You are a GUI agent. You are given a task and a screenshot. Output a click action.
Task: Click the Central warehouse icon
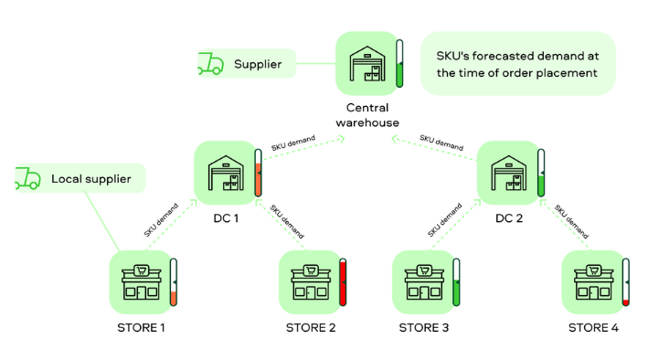[366, 63]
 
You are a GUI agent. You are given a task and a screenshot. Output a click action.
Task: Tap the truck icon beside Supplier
[211, 64]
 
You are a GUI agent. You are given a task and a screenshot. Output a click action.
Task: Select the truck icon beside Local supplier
[27, 178]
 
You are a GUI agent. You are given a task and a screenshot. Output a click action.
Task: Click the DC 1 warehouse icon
[226, 171]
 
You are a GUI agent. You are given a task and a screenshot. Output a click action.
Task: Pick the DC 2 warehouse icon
[508, 171]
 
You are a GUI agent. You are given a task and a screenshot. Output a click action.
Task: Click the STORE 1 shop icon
[141, 281]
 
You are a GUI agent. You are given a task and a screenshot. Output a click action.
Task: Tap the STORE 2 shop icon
[310, 281]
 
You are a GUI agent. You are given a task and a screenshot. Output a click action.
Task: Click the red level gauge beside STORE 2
[344, 282]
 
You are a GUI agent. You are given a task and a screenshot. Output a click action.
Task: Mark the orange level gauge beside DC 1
[259, 173]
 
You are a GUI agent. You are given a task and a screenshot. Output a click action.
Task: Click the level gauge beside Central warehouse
[399, 64]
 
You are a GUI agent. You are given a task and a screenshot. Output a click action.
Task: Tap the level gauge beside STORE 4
[626, 282]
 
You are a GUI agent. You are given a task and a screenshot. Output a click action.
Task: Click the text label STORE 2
[310, 328]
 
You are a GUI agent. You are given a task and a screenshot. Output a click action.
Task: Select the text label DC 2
[508, 218]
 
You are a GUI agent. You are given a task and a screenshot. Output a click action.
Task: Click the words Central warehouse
[366, 115]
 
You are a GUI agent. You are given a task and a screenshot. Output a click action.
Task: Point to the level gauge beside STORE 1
[174, 282]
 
